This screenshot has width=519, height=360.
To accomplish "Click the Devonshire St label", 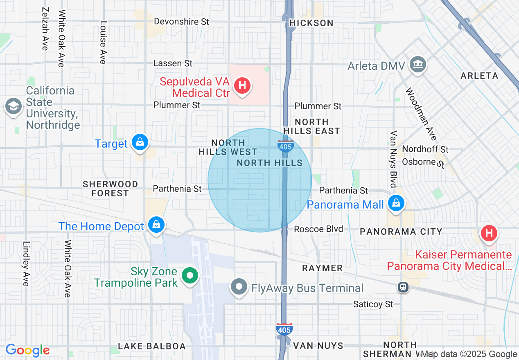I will coord(181,22).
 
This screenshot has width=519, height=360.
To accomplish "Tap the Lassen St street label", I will coord(173,63).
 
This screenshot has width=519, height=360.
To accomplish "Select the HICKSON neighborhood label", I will coord(311,23).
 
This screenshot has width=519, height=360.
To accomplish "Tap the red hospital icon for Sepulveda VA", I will coord(242,86).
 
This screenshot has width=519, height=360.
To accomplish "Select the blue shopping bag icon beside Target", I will coord(140,143).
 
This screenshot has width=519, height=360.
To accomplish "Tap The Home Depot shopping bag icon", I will coord(156,225).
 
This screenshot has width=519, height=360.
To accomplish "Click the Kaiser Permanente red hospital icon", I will coord(488,234).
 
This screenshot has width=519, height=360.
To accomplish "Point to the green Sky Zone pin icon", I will coord(190,276).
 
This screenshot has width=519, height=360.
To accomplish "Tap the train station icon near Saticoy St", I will coord(404,287).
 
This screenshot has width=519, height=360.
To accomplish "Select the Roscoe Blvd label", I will coord(318,229).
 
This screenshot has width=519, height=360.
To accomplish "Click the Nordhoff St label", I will coord(425,149).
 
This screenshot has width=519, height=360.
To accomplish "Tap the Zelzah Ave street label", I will coord(45,29).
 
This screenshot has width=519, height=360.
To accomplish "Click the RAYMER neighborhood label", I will coord(322,268).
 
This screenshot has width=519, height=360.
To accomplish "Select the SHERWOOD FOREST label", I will coord(110,189).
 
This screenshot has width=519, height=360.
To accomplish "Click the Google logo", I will coord(27,351).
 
